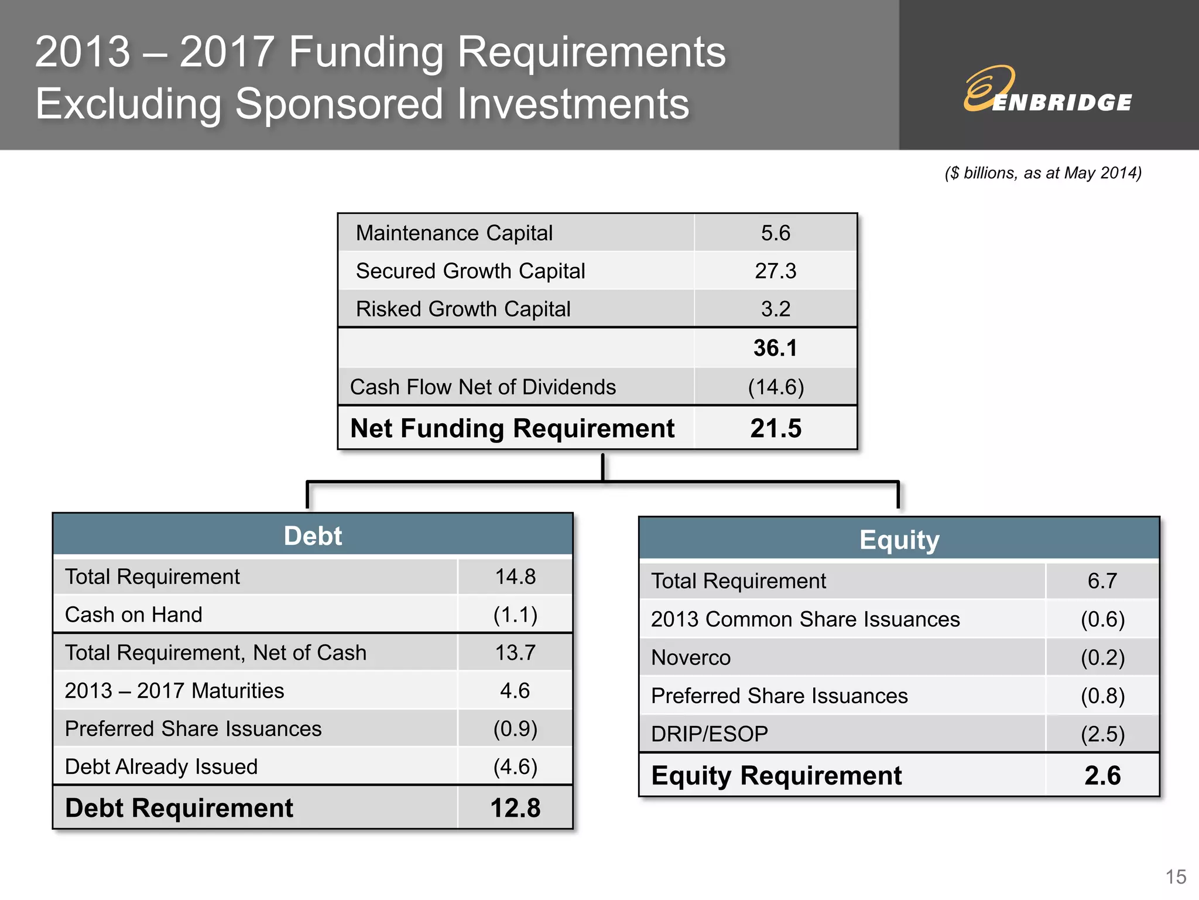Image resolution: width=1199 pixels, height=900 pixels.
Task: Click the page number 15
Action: click(1176, 877)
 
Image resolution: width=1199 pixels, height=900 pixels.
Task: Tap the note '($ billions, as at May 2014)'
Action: click(1043, 173)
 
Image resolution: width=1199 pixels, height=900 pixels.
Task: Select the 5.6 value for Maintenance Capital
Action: click(775, 233)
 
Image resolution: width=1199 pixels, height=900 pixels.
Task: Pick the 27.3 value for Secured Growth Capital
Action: click(775, 271)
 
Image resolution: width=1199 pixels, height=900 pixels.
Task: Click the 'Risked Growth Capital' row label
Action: click(463, 309)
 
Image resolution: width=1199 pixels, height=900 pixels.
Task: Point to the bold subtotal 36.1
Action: click(775, 348)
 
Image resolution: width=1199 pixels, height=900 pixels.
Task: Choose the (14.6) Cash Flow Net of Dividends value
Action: click(776, 387)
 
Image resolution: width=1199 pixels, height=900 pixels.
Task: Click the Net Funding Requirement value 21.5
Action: click(776, 428)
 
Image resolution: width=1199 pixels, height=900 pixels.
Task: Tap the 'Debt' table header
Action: click(313, 536)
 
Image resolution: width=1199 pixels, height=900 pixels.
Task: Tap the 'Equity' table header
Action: click(899, 540)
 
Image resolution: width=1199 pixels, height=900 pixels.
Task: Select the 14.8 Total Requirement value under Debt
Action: click(515, 577)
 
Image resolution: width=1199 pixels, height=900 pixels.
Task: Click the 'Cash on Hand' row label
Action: click(133, 615)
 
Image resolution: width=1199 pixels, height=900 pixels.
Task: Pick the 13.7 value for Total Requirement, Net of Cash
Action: click(515, 653)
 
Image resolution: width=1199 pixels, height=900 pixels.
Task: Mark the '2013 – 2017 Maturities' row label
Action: click(174, 691)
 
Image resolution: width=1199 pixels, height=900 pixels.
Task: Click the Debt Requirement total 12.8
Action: click(515, 808)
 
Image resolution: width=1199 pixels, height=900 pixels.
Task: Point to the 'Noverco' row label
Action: click(691, 657)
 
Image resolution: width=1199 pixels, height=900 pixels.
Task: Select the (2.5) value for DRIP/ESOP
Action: click(1102, 734)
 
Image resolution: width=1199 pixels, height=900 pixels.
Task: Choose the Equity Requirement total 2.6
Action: click(1102, 776)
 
